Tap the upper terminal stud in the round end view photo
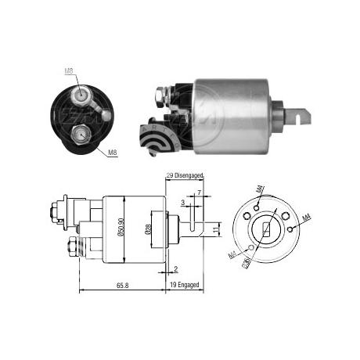pyautogui.click(x=82, y=95)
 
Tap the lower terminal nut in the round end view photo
pyautogui.click(x=79, y=135)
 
